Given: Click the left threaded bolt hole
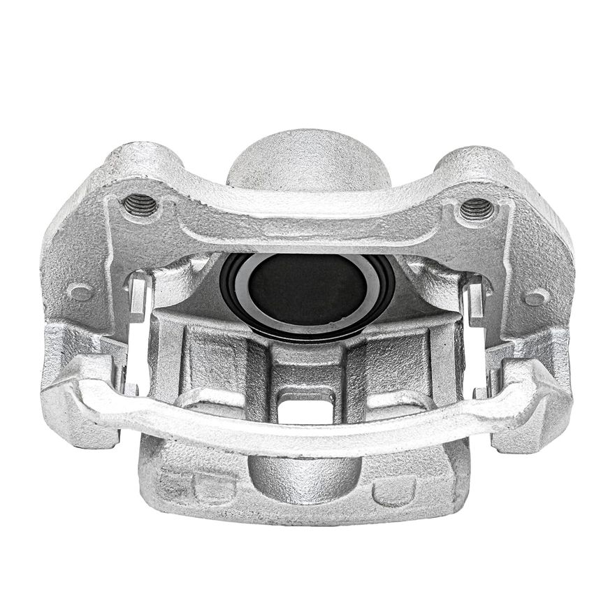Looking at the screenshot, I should click(140, 205).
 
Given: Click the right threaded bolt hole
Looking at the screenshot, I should click(477, 208).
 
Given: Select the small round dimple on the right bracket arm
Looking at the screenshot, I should click(536, 297).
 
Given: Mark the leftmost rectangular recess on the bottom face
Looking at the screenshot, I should click(173, 484).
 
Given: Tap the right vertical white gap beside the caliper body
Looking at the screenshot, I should click(477, 360).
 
